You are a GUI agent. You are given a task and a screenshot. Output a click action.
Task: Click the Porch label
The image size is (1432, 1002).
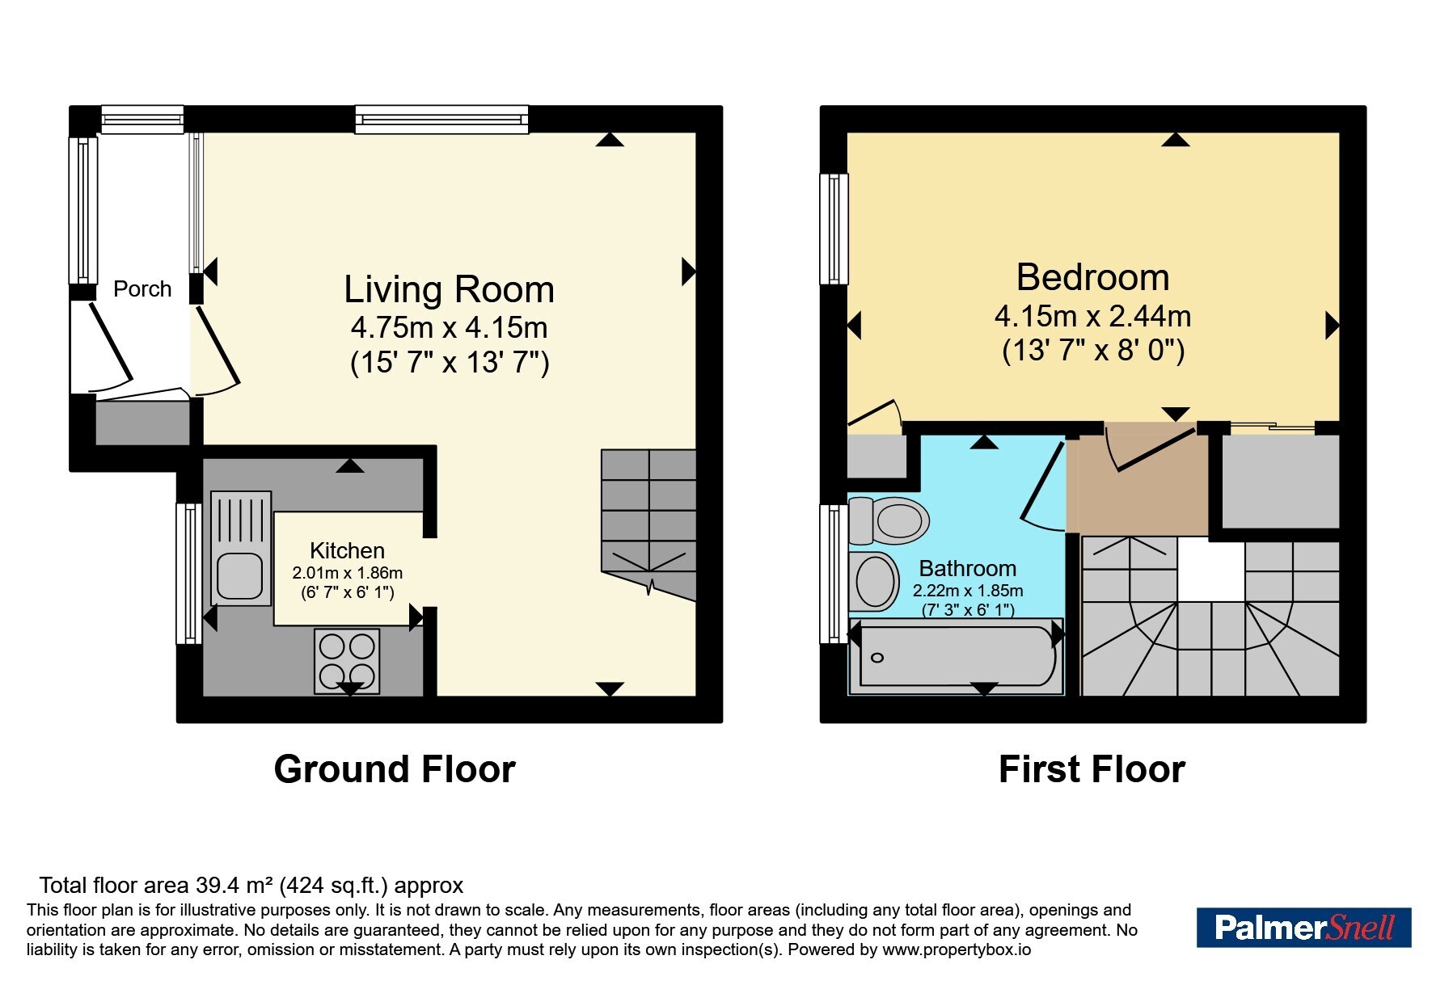point(142,289)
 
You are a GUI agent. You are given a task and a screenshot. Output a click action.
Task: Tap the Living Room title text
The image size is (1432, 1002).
point(449,289)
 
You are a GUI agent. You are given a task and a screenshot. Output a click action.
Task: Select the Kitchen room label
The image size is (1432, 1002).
point(347,550)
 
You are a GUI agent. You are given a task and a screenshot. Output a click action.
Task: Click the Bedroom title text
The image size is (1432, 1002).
point(1092,277)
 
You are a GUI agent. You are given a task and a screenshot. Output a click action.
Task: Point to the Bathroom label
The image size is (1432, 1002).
point(968,568)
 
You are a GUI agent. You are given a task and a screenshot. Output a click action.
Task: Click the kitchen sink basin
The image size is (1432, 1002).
point(239,576)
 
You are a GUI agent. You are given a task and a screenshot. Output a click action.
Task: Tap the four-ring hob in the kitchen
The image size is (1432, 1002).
point(347,661)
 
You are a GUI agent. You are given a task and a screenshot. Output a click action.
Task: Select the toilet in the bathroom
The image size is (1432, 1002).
point(889,520)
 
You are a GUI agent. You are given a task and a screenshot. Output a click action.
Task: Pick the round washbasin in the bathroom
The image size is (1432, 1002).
point(875,580)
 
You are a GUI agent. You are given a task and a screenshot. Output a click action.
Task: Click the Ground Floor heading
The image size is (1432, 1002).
point(395,769)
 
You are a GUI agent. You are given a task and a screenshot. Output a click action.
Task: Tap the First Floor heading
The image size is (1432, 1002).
point(1092,769)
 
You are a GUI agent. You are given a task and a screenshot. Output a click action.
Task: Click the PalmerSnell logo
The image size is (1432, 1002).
point(1303,928)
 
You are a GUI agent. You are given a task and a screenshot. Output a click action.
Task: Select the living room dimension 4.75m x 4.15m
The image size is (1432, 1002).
point(450,327)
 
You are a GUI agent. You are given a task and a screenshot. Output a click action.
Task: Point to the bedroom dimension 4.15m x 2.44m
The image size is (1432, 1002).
point(1092,316)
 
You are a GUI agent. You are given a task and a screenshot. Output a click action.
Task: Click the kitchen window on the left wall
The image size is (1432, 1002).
point(189,573)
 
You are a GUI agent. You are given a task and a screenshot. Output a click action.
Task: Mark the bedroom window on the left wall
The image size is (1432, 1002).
point(834,229)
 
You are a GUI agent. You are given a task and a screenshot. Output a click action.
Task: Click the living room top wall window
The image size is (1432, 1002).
point(441,120)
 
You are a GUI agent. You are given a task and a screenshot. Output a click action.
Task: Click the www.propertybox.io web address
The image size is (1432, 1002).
point(957,949)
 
